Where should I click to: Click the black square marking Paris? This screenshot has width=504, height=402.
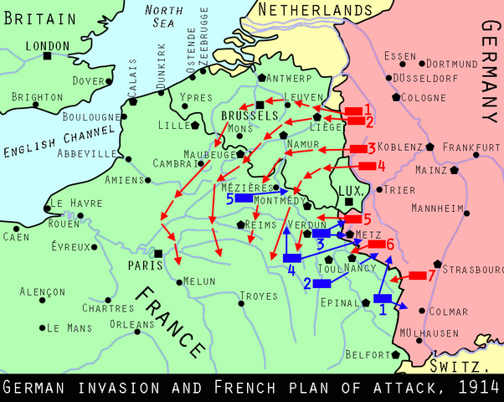pyautogui.click(x=158, y=253)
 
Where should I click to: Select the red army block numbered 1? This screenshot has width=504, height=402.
pyautogui.click(x=353, y=110)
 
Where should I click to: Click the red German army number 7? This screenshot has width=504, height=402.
pyautogui.click(x=432, y=274)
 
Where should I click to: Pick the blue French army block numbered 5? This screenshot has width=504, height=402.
pyautogui.click(x=244, y=198)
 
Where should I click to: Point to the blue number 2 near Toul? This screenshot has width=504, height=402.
pyautogui.click(x=307, y=283)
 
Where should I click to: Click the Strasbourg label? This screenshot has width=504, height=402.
pyautogui.click(x=472, y=270)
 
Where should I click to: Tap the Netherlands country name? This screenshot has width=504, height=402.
pyautogui.click(x=314, y=9)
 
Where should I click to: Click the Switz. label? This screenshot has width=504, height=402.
pyautogui.click(x=458, y=367)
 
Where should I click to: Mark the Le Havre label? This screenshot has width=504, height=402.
pyautogui.click(x=75, y=203)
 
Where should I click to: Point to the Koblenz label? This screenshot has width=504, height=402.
pyautogui.click(x=399, y=147)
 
